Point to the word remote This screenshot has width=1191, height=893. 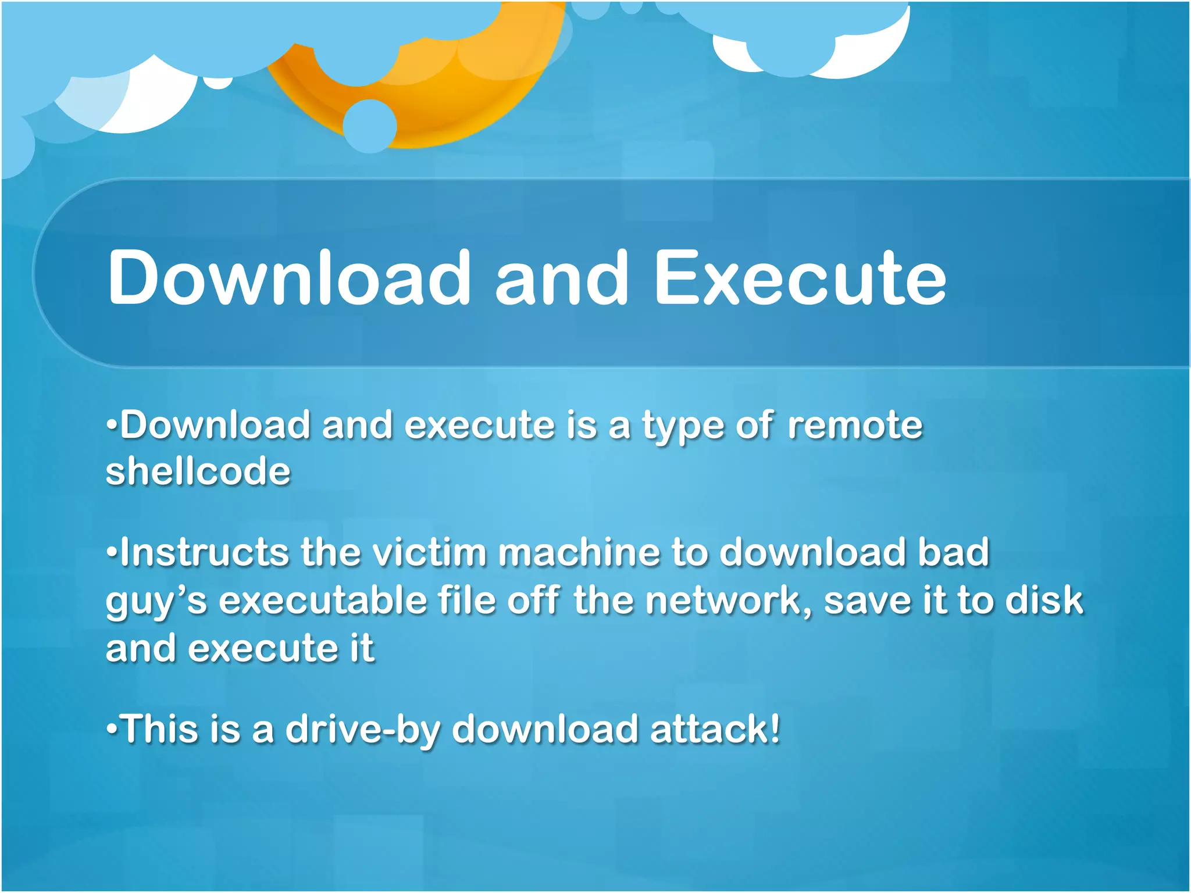pos(855,425)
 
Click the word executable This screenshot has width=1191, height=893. pos(323,600)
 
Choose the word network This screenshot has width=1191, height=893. pos(728,600)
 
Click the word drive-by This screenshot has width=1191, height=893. pos(362,730)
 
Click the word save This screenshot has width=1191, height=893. pos(866,600)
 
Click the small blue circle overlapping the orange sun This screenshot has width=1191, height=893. pos(370,126)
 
